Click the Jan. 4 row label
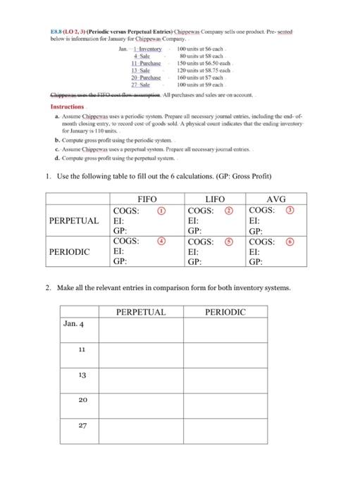tap(74, 324)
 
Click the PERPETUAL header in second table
tap(140, 311)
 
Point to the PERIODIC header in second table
tap(225, 311)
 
